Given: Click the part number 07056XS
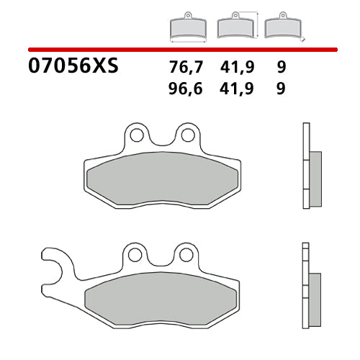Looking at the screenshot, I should coord(72,68).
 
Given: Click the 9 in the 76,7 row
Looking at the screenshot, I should coord(280,68).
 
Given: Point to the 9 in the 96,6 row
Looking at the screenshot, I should coord(280,89).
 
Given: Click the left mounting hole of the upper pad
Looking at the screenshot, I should coord(134,135).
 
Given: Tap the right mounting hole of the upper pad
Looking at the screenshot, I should coord(186,135).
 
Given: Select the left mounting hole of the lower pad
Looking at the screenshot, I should coord(134,253).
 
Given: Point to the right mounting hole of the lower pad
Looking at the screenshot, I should coord(186,253).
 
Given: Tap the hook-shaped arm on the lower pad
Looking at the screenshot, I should coord(54,266).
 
